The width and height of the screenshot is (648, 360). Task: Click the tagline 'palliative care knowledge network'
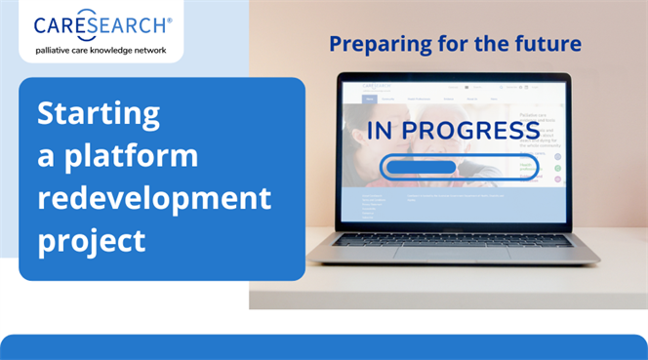(101, 49)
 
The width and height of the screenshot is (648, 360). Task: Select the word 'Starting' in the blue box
(98, 114)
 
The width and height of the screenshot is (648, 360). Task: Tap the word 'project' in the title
(92, 239)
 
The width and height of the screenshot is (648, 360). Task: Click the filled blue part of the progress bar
(421, 167)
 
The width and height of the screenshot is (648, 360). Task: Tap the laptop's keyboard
(451, 238)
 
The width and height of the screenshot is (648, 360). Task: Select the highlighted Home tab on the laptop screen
(370, 99)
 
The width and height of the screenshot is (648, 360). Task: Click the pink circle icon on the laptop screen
(557, 154)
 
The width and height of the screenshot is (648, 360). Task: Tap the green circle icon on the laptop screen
(557, 168)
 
